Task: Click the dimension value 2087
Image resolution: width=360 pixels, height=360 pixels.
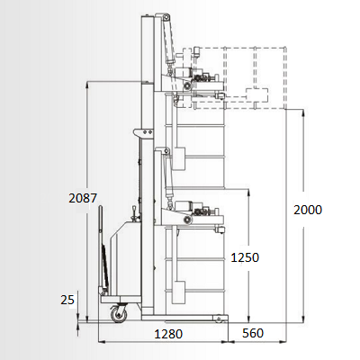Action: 83,198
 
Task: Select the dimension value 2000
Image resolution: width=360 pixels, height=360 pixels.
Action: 308,210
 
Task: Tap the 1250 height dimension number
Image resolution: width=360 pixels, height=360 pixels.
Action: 245,257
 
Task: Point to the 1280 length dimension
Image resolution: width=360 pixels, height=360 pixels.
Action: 168,334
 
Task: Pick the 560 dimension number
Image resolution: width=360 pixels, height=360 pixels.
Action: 253,333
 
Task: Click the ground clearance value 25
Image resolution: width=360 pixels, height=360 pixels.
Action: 67,300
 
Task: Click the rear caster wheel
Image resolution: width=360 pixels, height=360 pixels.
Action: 119,314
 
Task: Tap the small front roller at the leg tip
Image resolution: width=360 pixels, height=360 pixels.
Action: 219,318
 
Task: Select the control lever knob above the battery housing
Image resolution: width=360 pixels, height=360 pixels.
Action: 134,208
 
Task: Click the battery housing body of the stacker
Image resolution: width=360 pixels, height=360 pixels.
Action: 125,258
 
